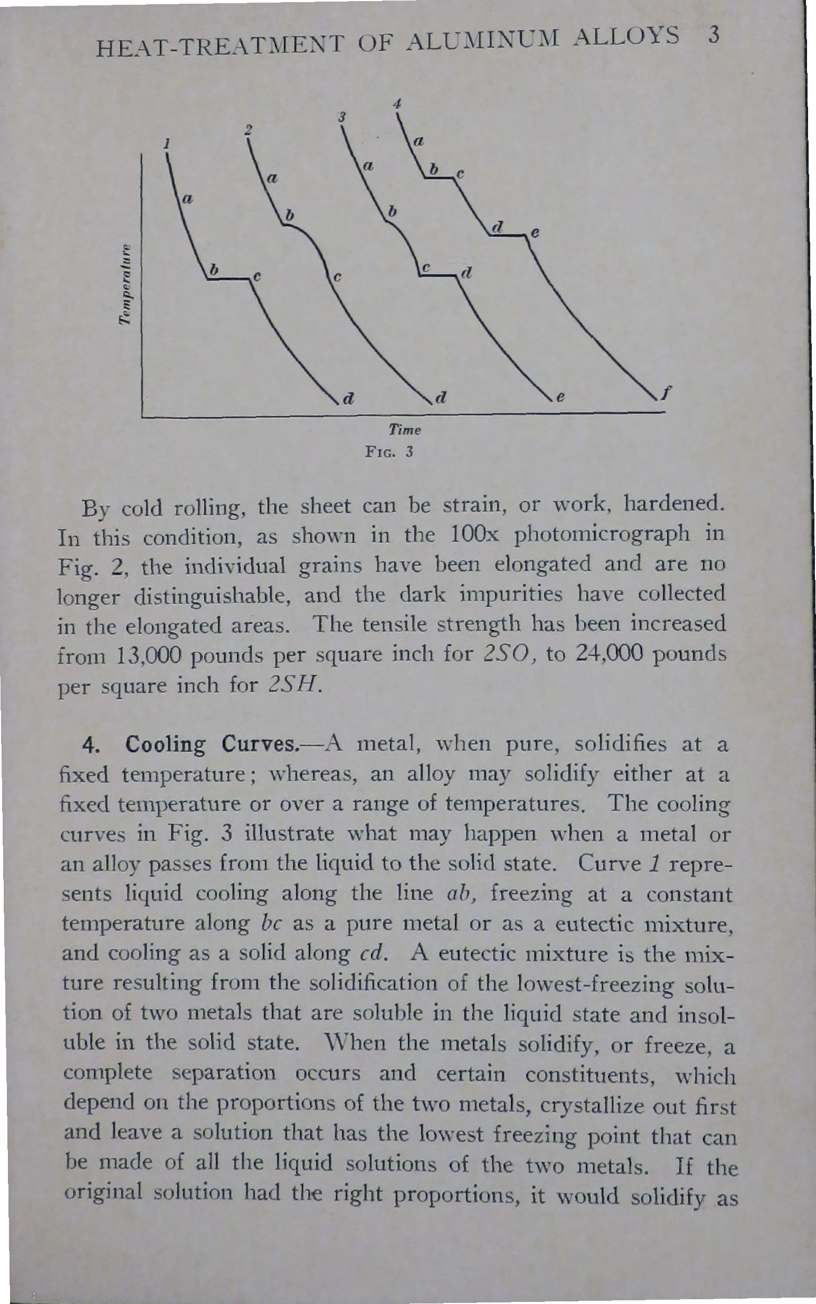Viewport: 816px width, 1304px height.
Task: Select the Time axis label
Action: click(x=405, y=430)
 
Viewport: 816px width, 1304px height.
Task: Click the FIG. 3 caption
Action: click(x=388, y=452)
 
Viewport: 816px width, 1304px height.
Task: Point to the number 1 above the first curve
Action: click(x=168, y=144)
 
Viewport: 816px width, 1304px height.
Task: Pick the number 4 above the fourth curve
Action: click(x=397, y=105)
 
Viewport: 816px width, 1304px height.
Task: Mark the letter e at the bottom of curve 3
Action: click(x=559, y=398)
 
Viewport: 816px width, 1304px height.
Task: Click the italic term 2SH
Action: click(x=295, y=686)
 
